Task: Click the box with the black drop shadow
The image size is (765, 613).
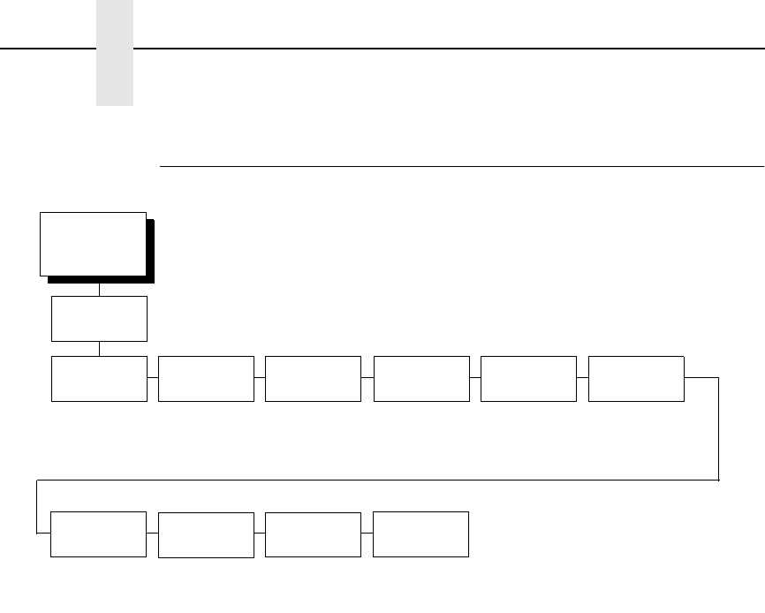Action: point(93,244)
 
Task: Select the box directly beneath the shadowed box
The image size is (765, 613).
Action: point(99,318)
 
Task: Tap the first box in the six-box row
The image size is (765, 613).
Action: point(99,379)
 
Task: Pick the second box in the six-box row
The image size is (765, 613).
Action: point(206,379)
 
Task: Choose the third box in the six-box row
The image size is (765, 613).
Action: point(313,379)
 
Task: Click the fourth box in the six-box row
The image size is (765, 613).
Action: point(421,379)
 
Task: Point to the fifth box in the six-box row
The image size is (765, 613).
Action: point(528,379)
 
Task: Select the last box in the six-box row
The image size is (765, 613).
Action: point(635,379)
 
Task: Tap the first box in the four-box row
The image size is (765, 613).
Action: point(98,534)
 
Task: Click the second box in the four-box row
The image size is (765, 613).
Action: point(206,534)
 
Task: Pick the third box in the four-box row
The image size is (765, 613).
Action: point(313,534)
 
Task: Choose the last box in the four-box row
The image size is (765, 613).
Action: point(420,534)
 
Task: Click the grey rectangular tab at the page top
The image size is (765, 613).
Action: point(115,53)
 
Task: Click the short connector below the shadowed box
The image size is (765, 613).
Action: point(99,290)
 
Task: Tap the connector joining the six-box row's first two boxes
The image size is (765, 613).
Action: point(153,378)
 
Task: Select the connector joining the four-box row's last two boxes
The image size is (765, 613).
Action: point(367,534)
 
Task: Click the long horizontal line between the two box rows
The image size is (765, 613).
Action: point(380,481)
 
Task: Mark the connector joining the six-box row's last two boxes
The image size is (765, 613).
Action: point(582,378)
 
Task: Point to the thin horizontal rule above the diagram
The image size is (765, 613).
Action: point(459,166)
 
